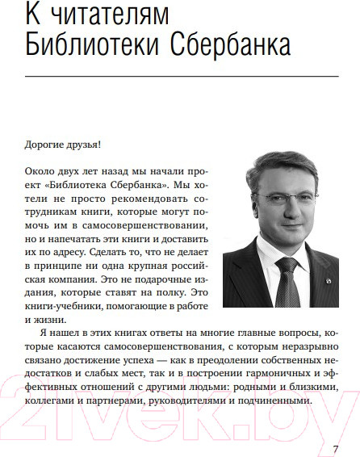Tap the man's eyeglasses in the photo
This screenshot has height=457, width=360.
coord(285,181)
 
